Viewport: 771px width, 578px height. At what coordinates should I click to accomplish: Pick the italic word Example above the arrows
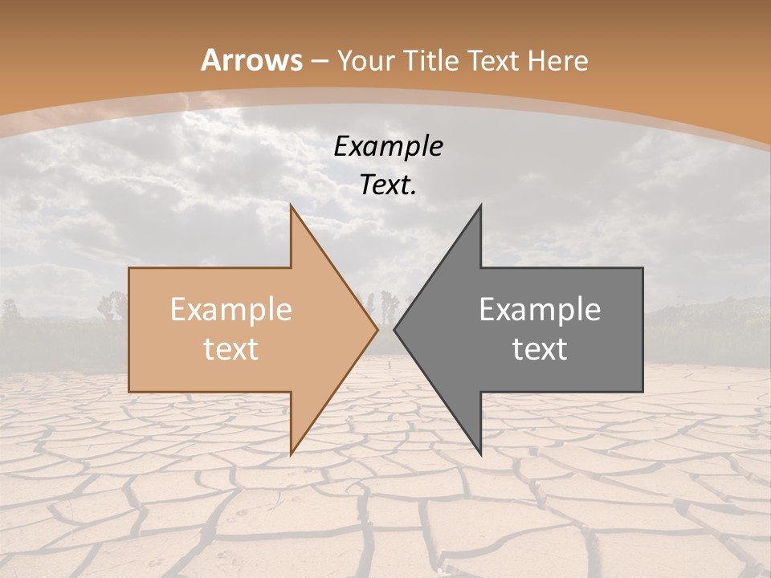pyautogui.click(x=389, y=146)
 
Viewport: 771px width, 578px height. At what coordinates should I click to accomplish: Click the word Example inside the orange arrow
pyautogui.click(x=231, y=310)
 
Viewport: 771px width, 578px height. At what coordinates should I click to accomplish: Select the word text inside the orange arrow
pyautogui.click(x=231, y=349)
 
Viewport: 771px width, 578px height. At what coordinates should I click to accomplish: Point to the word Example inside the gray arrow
pyautogui.click(x=540, y=310)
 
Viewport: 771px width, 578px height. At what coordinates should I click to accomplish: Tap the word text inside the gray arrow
pyautogui.click(x=540, y=349)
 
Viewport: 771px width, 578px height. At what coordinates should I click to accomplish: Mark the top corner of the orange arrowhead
pyautogui.click(x=292, y=206)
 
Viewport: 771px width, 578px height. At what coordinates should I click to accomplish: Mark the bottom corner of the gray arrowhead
pyautogui.click(x=480, y=454)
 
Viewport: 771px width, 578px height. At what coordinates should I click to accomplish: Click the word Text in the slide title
pyautogui.click(x=492, y=61)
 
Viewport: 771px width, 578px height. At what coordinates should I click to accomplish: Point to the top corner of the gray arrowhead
pyautogui.click(x=480, y=206)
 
